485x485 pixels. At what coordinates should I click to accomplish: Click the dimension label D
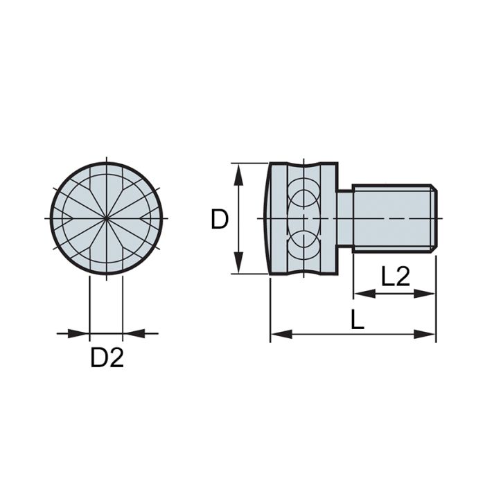220,220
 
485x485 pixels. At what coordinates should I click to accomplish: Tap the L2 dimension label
396,277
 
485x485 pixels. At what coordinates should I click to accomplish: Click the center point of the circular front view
106,219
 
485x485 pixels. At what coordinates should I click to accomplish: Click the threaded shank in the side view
391,219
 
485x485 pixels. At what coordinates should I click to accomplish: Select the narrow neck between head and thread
345,219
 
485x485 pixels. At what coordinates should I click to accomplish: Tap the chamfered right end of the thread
433,219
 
